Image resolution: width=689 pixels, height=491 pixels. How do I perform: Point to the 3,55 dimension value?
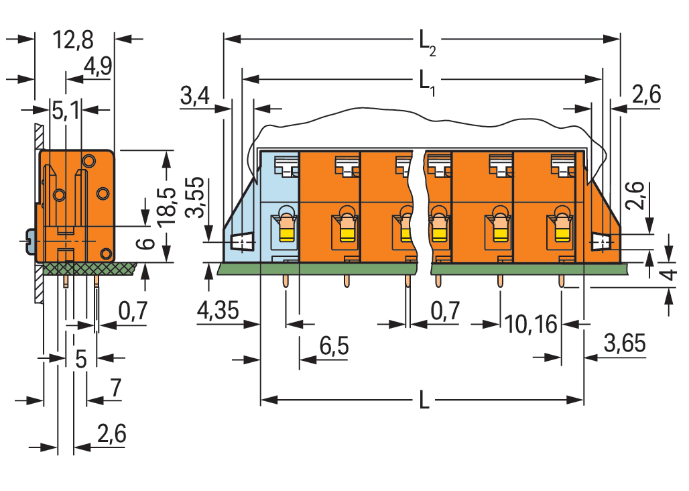coord(194,198)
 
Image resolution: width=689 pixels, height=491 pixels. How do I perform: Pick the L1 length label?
coord(426,82)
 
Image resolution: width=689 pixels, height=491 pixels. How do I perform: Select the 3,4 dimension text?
coord(195,97)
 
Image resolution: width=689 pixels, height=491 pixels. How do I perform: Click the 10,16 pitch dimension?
coord(531,325)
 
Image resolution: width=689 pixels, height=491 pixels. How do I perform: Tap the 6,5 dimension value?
coord(334,347)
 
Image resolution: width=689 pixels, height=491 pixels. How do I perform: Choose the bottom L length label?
coord(424,401)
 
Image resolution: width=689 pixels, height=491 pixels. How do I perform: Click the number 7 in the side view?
coord(115,388)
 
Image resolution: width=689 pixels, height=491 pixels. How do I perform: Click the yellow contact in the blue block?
coord(286,233)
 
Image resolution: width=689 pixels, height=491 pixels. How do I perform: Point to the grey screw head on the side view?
coord(29,241)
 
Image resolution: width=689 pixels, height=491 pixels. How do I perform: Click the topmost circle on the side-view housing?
coord(88,161)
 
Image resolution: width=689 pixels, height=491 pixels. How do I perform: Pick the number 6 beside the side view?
coord(149,243)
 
